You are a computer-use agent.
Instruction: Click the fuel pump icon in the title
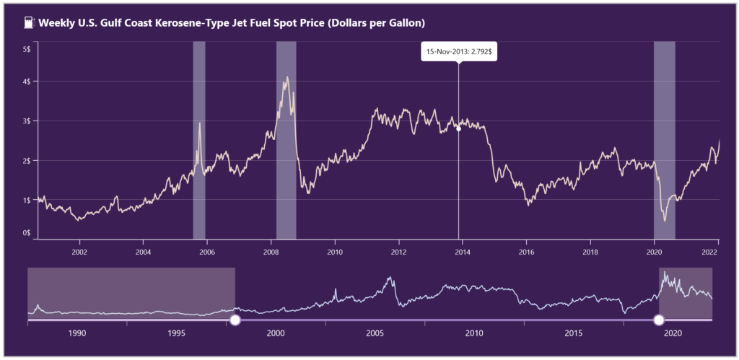28,23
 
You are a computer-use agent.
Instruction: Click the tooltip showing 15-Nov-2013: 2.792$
458,52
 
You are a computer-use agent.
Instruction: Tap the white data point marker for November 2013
459,128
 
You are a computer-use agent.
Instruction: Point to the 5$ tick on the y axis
26,49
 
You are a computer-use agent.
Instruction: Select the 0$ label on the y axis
26,233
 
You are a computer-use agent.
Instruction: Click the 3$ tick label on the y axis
26,121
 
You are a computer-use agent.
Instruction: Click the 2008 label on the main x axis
271,252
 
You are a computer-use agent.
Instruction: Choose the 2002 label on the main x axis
79,252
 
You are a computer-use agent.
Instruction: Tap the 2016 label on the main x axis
526,252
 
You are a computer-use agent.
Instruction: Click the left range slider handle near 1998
235,320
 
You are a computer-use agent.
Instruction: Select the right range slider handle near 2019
658,320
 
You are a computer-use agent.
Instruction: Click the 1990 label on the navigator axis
77,333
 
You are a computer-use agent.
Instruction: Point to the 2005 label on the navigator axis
375,333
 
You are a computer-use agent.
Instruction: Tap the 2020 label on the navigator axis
673,333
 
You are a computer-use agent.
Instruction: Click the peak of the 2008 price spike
287,77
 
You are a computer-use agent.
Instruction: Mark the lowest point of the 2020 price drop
665,220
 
